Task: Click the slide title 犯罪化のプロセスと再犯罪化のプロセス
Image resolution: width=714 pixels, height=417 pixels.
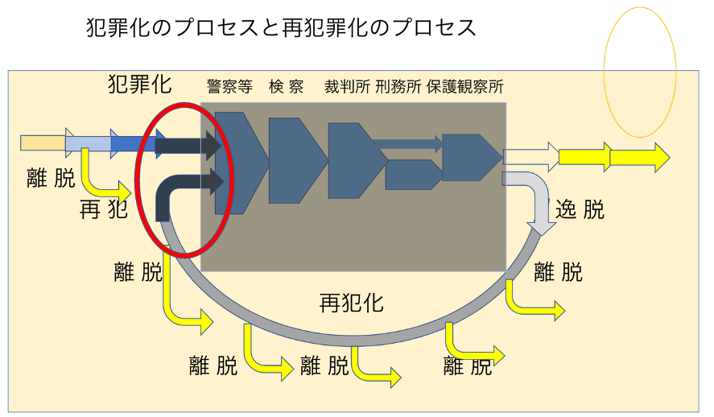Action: click(x=281, y=28)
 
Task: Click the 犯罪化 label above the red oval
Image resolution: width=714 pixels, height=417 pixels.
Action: click(x=140, y=85)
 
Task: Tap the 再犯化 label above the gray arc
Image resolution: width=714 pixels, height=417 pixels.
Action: click(x=351, y=303)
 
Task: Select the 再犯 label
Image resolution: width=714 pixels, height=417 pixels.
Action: click(x=104, y=210)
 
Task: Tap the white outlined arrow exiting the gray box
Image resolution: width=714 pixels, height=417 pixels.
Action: click(x=530, y=156)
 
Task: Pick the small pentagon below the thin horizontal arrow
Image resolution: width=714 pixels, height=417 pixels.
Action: click(x=412, y=175)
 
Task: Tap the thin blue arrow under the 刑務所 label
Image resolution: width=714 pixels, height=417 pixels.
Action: click(x=407, y=144)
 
